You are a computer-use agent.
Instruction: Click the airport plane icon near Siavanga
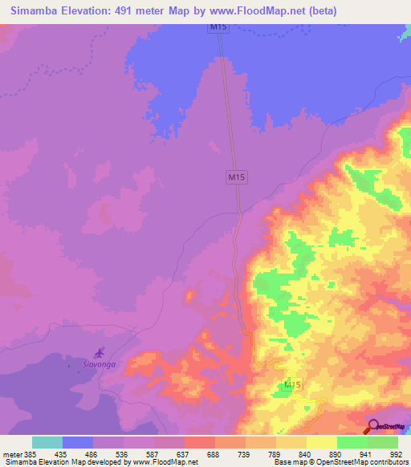coord(100,352)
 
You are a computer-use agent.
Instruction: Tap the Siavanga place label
coord(99,364)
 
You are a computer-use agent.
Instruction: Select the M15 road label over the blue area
coord(216,28)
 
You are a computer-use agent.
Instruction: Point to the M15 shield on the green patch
coord(292,386)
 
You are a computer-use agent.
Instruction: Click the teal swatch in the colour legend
coord(47,442)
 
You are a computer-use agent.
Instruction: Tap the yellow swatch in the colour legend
coord(322,442)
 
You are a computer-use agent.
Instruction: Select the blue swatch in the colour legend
coord(78,442)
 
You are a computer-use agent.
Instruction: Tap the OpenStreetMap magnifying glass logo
coord(372,427)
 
